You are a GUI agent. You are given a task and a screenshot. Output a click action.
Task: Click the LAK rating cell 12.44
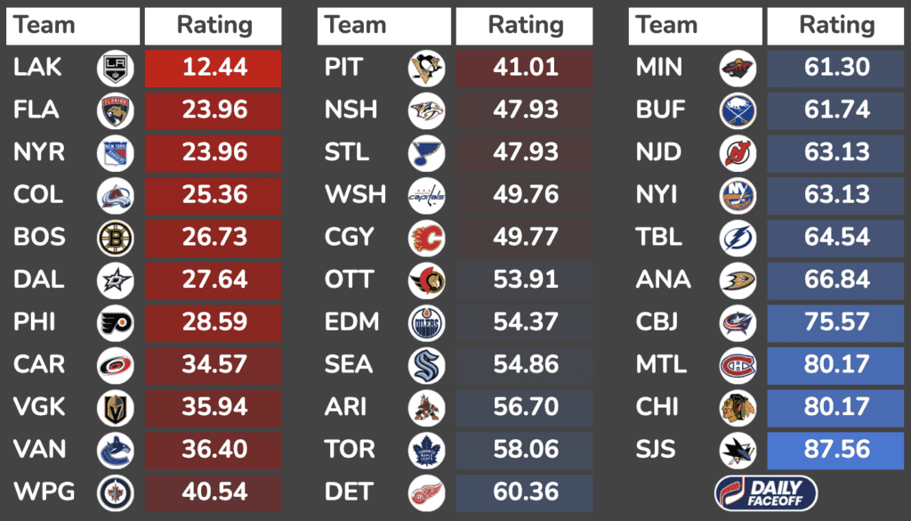pos(214,68)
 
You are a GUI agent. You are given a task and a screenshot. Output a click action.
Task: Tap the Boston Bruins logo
pos(115,238)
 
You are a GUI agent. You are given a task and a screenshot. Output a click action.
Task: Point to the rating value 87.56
pos(836,450)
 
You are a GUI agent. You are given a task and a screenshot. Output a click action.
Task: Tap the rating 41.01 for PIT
pos(525,68)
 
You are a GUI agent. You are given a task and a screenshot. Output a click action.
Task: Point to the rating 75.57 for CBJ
pos(836,322)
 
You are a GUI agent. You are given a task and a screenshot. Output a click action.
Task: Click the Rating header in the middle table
pos(525,26)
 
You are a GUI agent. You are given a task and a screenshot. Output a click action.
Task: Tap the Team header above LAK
pos(44,26)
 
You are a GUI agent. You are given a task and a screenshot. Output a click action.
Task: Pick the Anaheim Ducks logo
pos(738,280)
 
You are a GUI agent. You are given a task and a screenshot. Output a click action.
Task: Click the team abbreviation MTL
pos(662,364)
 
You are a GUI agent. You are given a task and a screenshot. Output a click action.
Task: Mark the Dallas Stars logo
pos(115,280)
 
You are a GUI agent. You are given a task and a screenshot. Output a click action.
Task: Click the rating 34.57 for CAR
pos(214,364)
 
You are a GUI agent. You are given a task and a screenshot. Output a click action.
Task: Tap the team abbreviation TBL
pos(659,238)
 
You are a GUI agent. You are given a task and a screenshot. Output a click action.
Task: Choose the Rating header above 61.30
pos(836,26)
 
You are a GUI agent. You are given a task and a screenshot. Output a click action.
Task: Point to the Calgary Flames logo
pos(426,238)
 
